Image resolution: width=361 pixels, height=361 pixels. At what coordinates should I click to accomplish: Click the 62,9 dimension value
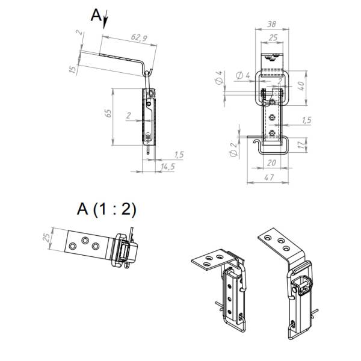click(x=139, y=37)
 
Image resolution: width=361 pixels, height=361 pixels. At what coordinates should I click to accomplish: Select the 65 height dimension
click(x=108, y=114)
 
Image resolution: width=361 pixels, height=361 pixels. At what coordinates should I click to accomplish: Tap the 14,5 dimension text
click(x=168, y=167)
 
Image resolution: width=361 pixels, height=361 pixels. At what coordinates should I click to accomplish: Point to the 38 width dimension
click(x=272, y=24)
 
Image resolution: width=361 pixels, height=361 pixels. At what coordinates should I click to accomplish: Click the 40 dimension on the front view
click(x=301, y=85)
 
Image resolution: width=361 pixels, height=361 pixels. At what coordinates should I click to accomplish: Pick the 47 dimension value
click(x=269, y=177)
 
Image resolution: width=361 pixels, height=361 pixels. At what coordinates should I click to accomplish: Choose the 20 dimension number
click(x=271, y=163)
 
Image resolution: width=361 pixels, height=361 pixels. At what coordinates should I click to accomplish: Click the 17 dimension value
click(x=301, y=144)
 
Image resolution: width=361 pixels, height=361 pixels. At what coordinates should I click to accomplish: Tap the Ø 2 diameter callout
click(x=233, y=150)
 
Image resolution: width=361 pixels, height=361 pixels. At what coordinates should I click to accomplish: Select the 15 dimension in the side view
click(x=73, y=69)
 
